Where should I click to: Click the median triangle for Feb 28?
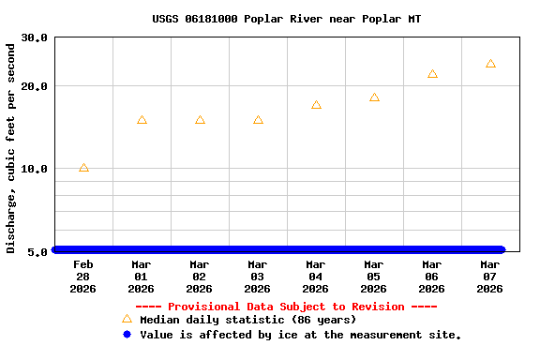(x=83, y=168)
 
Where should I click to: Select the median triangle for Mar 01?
(x=142, y=120)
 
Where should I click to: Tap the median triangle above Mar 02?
(x=200, y=120)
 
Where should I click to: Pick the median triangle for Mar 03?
(x=258, y=120)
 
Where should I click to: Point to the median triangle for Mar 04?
(x=316, y=105)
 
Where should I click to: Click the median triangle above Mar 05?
(x=374, y=97)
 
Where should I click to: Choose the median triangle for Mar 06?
(x=432, y=74)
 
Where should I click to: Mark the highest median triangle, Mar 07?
(x=490, y=64)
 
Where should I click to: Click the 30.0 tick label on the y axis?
(x=35, y=37)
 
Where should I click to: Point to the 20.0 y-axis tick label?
(x=35, y=86)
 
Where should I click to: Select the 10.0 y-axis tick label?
(x=35, y=169)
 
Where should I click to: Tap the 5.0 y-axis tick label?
(x=38, y=251)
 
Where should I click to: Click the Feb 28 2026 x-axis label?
(x=83, y=277)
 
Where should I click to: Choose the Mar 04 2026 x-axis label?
(x=316, y=277)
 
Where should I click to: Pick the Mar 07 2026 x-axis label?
(x=490, y=277)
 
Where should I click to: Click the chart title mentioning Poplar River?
(x=286, y=19)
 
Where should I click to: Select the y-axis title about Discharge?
(x=11, y=147)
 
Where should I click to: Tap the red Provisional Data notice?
(x=286, y=307)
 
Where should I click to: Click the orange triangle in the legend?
(x=127, y=319)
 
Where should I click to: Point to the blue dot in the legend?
(x=127, y=334)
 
